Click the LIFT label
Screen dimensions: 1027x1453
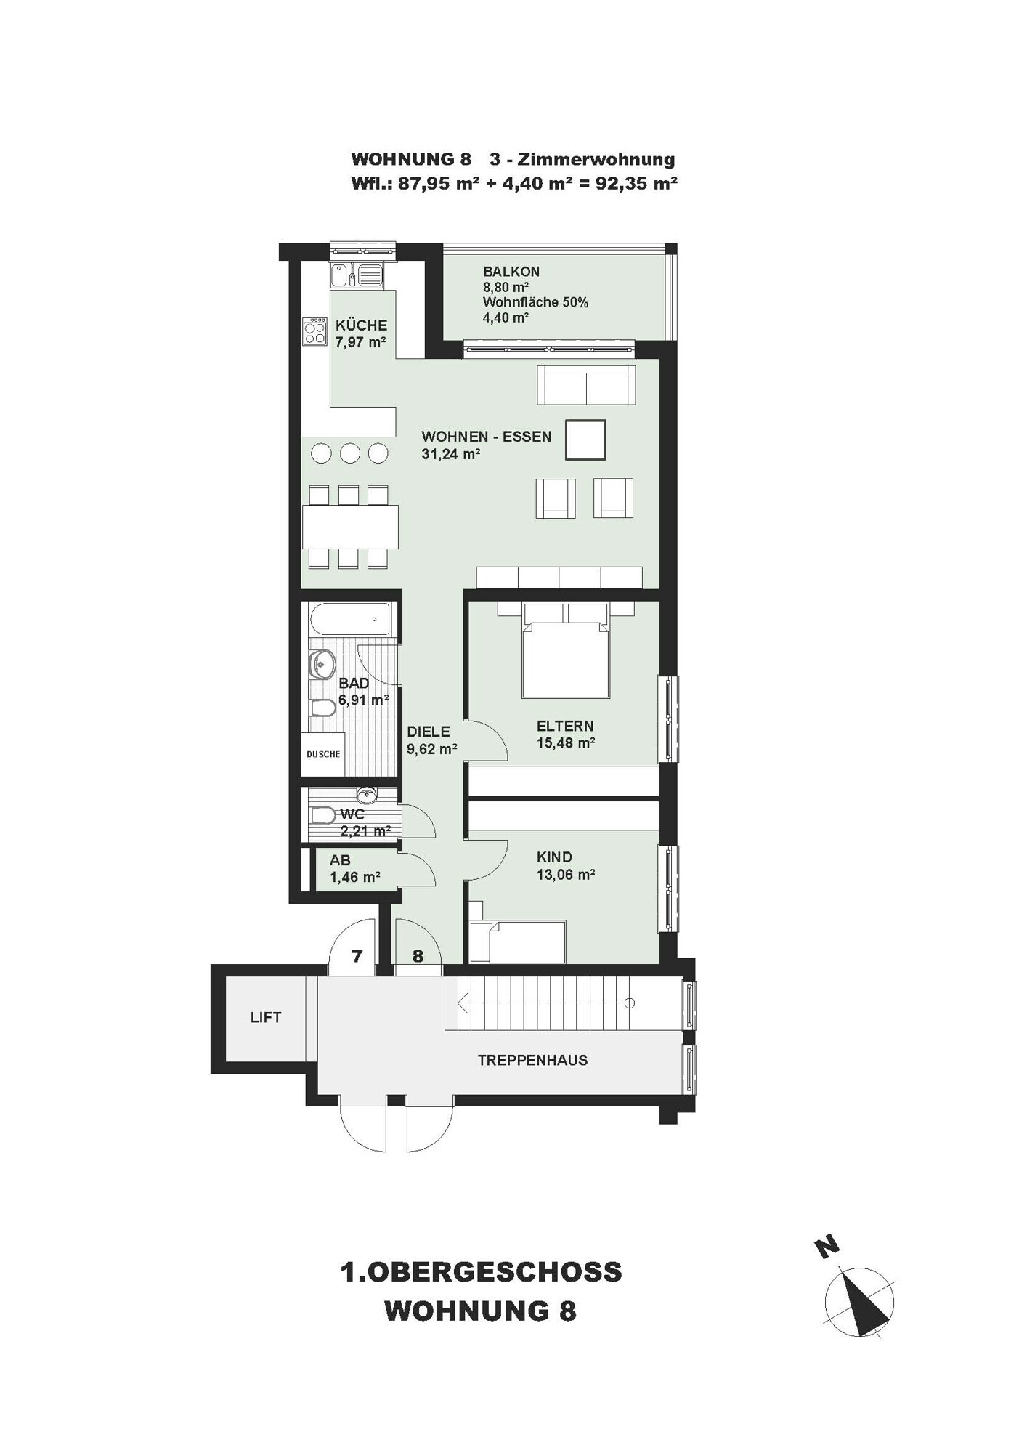point(265,1018)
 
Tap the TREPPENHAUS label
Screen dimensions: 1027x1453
point(532,1061)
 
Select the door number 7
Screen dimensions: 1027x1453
point(357,956)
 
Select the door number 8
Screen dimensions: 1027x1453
point(418,956)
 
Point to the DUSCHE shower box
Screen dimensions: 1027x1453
point(322,754)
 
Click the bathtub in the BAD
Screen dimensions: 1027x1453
point(349,620)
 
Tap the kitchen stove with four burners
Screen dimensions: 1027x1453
point(315,332)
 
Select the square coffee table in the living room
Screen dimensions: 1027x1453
point(585,440)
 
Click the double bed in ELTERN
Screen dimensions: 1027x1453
point(566,651)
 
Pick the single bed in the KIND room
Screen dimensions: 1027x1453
point(518,942)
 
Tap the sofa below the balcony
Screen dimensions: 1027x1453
point(586,384)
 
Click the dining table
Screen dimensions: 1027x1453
point(350,527)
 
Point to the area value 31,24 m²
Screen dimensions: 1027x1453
point(451,454)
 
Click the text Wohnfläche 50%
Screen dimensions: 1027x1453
point(535,302)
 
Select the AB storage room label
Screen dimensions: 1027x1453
point(340,860)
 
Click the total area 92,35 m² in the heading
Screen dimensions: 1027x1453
point(636,183)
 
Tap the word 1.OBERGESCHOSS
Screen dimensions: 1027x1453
point(481,1272)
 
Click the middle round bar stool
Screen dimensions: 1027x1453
point(350,453)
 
